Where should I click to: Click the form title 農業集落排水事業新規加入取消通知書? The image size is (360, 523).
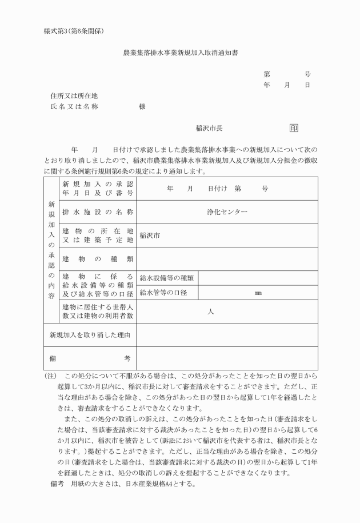181,53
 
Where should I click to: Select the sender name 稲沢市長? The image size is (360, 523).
209,129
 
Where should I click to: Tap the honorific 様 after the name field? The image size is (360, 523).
142,106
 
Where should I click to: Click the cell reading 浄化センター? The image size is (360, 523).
227,212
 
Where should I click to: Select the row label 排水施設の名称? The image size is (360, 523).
97,212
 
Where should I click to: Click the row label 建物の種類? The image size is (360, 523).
97,259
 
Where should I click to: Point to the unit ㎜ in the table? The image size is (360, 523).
258,294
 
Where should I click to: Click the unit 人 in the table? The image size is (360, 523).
211,312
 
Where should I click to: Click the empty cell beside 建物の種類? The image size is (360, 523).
227,259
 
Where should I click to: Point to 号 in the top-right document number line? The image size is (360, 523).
307,74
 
